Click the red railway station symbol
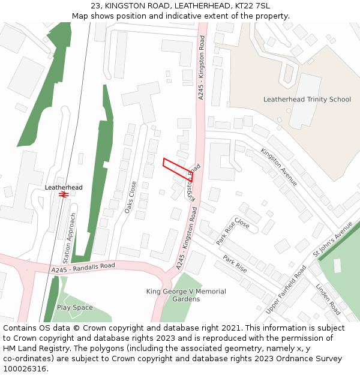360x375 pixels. coord(64,195)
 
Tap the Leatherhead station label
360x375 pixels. coord(64,187)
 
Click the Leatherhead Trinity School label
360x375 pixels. coord(307,99)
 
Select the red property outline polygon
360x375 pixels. coord(177,169)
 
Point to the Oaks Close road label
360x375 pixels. coord(130,198)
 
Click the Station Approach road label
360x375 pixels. coord(70,238)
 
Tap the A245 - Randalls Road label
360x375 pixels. coord(83,268)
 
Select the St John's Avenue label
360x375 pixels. coord(333,239)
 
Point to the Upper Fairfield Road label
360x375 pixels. coord(286,289)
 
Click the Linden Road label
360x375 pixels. coord(328,299)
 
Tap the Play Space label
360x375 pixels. coord(75,308)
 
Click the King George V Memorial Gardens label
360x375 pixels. coord(186,295)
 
